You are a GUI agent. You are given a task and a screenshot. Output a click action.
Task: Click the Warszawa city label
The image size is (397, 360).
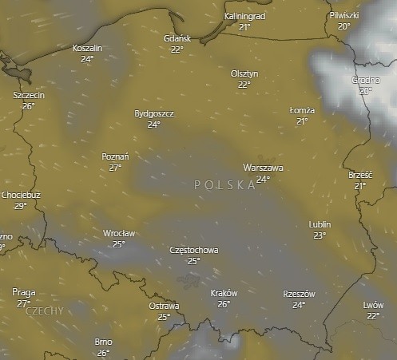tap(263, 168)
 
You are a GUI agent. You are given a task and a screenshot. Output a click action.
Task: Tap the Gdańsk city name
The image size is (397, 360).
tap(177, 38)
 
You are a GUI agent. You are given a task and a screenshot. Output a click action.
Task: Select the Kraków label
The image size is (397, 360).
tap(224, 293)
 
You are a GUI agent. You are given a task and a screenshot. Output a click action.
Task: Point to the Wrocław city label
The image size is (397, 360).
tap(119, 233)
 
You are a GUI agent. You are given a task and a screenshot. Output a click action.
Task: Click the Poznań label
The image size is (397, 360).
tap(116, 156)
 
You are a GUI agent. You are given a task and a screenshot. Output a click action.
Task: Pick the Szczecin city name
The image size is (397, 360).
tap(29, 95)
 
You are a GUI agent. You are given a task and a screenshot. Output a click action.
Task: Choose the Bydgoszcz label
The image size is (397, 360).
tap(154, 113)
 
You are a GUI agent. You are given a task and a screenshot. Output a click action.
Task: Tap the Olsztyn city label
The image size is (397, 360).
tap(244, 73)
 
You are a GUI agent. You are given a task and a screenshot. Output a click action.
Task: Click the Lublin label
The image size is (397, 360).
tap(320, 224)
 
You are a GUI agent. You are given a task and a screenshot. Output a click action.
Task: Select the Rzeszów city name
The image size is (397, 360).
tap(299, 294)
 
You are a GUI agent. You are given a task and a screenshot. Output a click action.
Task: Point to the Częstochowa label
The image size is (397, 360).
tap(194, 250)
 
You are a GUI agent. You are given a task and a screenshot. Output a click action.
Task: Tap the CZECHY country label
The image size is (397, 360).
tap(45, 311)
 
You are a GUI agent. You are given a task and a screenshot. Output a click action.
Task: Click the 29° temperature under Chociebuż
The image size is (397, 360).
tap(21, 205)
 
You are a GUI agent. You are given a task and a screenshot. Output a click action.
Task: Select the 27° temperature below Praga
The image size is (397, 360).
tap(24, 303)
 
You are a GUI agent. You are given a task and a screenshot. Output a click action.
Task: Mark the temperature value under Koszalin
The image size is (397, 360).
tap(87, 59)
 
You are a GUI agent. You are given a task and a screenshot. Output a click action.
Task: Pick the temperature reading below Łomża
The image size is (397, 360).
tap(302, 121)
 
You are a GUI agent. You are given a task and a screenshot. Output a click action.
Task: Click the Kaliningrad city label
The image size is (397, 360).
tap(244, 16)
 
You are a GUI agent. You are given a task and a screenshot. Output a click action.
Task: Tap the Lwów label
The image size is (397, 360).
tap(373, 305)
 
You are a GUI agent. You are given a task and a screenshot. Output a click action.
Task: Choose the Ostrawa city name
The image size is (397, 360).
tap(164, 306)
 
